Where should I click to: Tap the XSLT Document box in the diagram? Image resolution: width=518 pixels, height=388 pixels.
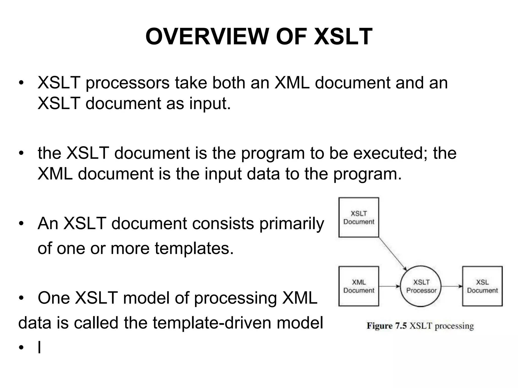tap(358, 217)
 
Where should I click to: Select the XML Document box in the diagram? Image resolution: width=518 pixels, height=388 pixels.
tap(358, 286)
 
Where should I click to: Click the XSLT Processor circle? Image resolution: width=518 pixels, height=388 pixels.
tap(421, 286)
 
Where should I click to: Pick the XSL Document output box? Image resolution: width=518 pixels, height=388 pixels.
tap(482, 286)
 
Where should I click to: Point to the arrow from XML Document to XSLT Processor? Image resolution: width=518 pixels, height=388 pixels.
tap(390, 286)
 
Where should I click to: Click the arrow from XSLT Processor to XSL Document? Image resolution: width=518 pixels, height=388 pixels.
tap(452, 286)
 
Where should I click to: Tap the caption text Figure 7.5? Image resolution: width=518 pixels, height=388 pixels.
tap(386, 326)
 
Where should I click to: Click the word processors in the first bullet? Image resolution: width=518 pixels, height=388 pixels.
tap(127, 83)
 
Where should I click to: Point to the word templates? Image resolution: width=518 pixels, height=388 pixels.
tap(194, 248)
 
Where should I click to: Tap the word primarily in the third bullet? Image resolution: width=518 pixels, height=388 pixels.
tap(292, 224)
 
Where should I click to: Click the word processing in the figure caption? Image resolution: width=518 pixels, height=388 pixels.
tap(454, 326)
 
